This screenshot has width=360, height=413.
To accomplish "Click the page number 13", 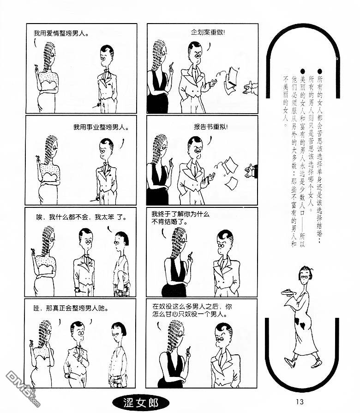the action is point(300,401).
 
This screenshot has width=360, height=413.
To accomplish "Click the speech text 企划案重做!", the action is point(208,32).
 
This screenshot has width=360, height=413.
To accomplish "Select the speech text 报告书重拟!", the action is point(211,127).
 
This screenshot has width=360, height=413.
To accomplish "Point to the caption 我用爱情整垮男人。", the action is point(61,33).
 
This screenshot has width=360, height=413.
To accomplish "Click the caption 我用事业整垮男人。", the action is point(101,127).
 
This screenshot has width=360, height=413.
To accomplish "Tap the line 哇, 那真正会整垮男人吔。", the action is point(71,308).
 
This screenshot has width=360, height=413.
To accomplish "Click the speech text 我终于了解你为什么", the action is point(180,214).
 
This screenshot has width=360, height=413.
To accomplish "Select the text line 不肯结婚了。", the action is point(169,222).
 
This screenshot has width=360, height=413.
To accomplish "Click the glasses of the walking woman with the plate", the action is point(305,276).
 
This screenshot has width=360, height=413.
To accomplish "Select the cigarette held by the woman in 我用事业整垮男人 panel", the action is point(37,157).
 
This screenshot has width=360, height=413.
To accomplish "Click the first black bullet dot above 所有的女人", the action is point(320,71).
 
